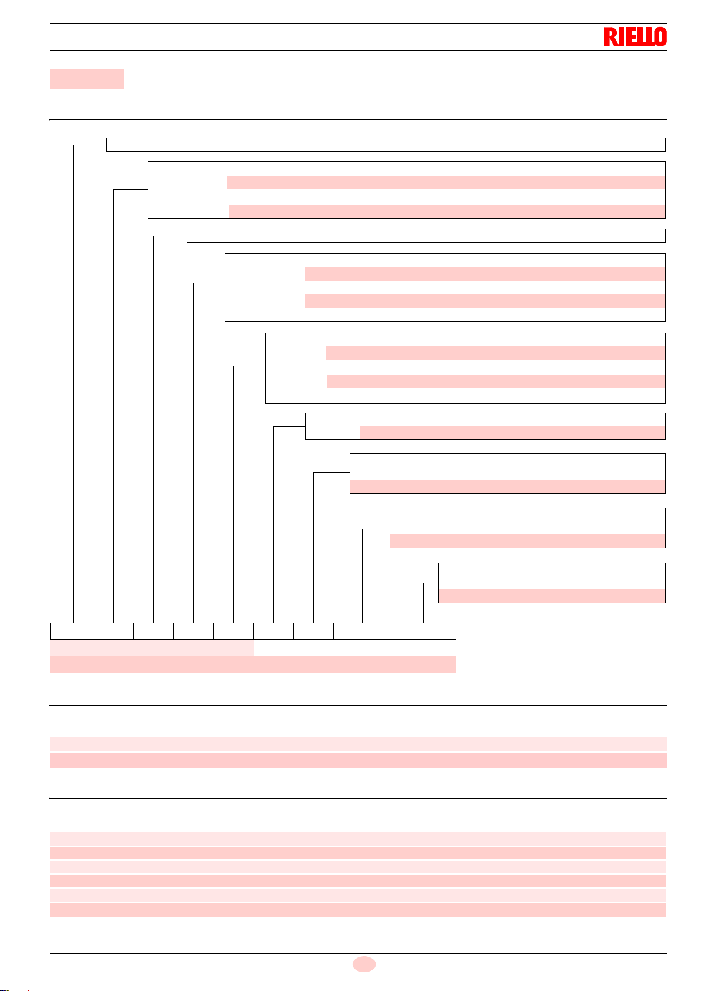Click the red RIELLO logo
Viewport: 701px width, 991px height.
pyautogui.click(x=635, y=37)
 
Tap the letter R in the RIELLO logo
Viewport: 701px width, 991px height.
pyautogui.click(x=610, y=37)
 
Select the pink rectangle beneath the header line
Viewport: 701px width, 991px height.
pyautogui.click(x=87, y=78)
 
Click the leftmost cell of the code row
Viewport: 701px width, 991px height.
pyautogui.click(x=72, y=631)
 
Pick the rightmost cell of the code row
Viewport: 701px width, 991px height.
pyautogui.click(x=423, y=631)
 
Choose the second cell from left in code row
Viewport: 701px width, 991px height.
pyautogui.click(x=114, y=631)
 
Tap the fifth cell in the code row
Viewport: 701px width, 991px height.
pyautogui.click(x=233, y=631)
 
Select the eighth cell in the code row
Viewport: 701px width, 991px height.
pyautogui.click(x=362, y=631)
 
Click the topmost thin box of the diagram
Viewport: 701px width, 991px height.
pyautogui.click(x=386, y=145)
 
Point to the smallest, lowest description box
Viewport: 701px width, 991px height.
pyautogui.click(x=552, y=583)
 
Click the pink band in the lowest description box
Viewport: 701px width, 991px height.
pyautogui.click(x=552, y=596)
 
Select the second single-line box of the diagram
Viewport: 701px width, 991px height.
pyautogui.click(x=426, y=236)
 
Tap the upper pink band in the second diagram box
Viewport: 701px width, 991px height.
pyautogui.click(x=446, y=182)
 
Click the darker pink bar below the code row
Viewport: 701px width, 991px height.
pyautogui.click(x=253, y=665)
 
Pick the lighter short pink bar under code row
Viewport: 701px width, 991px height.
pyautogui.click(x=151, y=648)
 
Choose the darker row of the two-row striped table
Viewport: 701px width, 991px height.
pyautogui.click(x=358, y=760)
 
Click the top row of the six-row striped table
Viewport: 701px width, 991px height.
pyautogui.click(x=358, y=839)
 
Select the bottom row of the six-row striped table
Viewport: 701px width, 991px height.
pyautogui.click(x=358, y=910)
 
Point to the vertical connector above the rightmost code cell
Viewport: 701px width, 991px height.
pyautogui.click(x=423, y=603)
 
